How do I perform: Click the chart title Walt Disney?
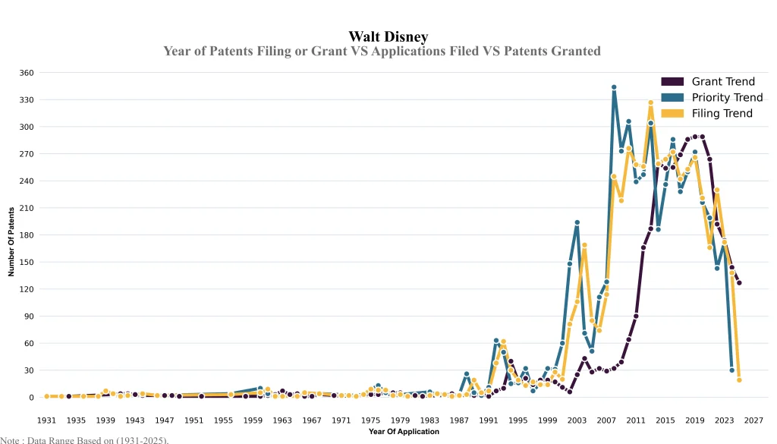(x=388, y=36)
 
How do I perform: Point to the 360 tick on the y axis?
(x=27, y=73)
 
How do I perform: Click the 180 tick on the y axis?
(x=27, y=235)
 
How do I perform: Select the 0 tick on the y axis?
(x=31, y=398)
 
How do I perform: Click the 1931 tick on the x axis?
(x=46, y=420)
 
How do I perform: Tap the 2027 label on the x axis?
(x=753, y=420)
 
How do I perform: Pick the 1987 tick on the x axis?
(x=459, y=420)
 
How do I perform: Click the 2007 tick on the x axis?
(x=606, y=420)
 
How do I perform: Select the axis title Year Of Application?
(x=404, y=432)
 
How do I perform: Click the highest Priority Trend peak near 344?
(x=614, y=87)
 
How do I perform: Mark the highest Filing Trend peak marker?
(x=650, y=102)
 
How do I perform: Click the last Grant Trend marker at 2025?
(x=739, y=283)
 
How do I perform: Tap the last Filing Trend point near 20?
(x=739, y=379)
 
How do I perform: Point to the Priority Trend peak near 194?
(x=577, y=222)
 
